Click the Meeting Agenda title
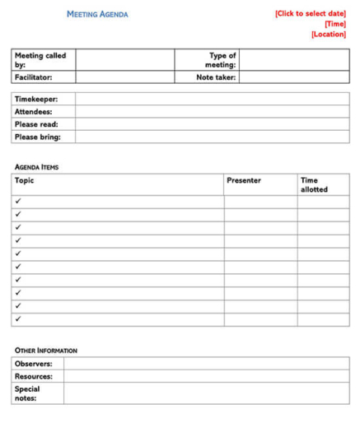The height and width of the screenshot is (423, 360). coord(97,15)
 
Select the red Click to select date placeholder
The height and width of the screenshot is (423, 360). coord(311,13)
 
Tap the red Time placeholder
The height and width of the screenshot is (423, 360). coord(334,24)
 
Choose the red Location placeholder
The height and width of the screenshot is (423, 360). coord(329,35)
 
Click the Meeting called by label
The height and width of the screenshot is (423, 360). coord(40,60)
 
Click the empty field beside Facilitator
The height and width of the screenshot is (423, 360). coord(124,77)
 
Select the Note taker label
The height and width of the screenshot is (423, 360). coord(216,77)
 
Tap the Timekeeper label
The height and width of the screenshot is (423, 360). coord(35,99)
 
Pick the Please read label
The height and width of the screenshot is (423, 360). coord(36,124)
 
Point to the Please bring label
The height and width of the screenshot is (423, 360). coord(37,137)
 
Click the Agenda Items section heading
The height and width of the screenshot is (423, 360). coord(36,167)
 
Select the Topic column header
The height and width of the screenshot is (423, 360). coord(25,180)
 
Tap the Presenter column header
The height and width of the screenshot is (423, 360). coord(244,180)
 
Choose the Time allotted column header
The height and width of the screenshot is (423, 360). coord(314,184)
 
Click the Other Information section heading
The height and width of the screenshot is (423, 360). coord(46,351)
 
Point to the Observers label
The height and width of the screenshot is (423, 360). coord(33,364)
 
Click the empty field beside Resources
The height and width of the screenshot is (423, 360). coord(206,376)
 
